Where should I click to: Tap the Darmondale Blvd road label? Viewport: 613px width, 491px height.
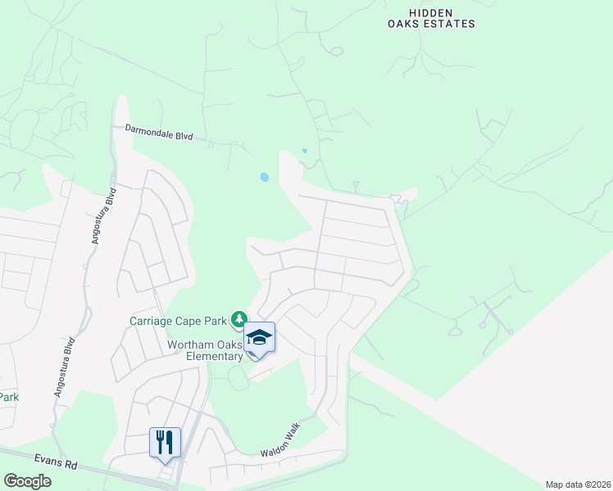point(158,133)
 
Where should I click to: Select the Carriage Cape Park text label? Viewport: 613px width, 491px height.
point(178,320)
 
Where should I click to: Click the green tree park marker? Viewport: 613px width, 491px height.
point(238,318)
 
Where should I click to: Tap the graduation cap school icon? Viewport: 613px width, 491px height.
point(260,338)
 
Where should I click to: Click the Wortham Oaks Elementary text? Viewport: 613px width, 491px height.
point(205,350)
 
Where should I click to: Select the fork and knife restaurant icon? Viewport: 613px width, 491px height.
point(165,443)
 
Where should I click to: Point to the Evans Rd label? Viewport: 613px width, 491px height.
point(56,462)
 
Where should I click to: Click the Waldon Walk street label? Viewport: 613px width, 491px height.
point(281,440)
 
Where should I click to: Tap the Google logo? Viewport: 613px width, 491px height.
point(28,481)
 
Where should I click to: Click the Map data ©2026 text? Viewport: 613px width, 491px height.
point(578,484)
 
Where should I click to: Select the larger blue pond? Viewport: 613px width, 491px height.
point(264,177)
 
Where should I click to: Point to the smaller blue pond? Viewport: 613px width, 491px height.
point(304,151)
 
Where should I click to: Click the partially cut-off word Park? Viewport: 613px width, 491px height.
point(9,397)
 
